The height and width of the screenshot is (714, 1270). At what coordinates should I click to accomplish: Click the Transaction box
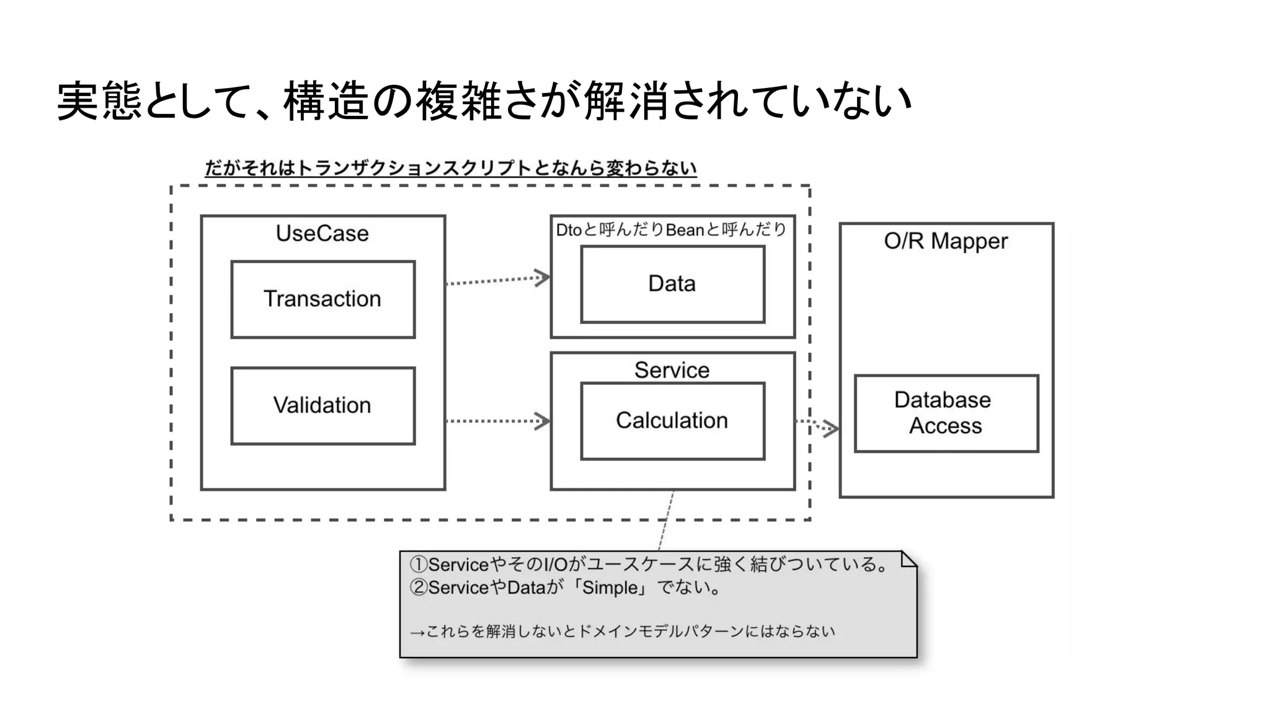click(322, 299)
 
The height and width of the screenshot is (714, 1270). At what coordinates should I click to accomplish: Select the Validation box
click(322, 406)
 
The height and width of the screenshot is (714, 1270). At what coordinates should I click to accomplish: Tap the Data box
click(672, 284)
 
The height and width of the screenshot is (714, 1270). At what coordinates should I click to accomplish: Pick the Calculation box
click(672, 421)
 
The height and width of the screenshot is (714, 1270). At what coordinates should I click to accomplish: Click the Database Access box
click(946, 413)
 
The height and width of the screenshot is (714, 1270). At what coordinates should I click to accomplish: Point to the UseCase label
click(322, 234)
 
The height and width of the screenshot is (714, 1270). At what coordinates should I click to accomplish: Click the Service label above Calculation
click(672, 370)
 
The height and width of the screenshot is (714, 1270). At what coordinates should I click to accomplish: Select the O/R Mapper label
click(946, 241)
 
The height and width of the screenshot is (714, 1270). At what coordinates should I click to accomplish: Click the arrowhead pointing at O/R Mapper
click(831, 428)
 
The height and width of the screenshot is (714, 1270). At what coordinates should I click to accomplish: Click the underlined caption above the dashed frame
click(451, 168)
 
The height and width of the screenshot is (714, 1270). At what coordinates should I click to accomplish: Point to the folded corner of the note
click(908, 559)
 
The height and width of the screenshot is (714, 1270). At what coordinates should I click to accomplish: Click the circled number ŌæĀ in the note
click(418, 565)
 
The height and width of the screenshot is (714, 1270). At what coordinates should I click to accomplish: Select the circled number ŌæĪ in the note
click(418, 588)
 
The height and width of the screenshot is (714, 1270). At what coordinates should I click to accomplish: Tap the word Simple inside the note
click(610, 588)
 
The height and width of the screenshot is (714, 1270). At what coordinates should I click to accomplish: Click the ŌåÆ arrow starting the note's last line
click(417, 633)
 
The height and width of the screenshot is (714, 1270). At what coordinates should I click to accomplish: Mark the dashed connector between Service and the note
click(665, 521)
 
